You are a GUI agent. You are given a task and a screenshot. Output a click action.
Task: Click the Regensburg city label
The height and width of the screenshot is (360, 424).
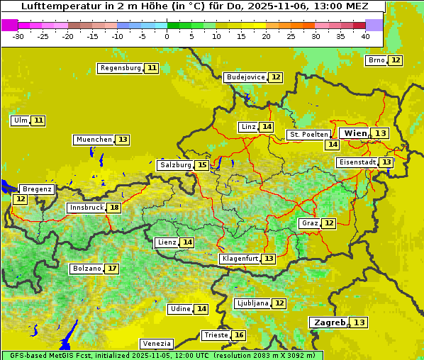click(x=121, y=68)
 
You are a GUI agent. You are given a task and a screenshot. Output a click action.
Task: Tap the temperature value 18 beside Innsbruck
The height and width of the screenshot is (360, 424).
click(x=114, y=208)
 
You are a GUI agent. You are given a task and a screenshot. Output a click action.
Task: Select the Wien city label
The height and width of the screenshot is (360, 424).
click(x=356, y=133)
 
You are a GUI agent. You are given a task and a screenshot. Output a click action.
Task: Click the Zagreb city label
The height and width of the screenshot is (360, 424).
click(x=329, y=322)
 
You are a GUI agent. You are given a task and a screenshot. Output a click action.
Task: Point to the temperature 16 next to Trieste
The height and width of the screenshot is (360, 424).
click(x=240, y=335)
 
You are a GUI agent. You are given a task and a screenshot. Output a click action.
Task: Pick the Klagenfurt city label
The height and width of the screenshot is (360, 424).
click(x=240, y=259)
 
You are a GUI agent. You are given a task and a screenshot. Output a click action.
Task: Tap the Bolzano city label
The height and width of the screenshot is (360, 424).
click(x=87, y=269)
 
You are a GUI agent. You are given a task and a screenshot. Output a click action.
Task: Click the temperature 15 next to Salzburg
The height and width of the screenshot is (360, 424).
click(x=202, y=165)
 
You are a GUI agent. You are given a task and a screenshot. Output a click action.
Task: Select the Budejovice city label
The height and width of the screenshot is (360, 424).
click(x=245, y=77)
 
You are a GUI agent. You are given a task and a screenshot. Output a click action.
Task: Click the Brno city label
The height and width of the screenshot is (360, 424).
click(x=376, y=60)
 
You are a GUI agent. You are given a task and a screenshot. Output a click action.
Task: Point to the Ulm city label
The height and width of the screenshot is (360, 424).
click(x=20, y=120)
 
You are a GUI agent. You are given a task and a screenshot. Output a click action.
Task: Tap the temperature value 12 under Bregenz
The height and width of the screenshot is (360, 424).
click(x=20, y=199)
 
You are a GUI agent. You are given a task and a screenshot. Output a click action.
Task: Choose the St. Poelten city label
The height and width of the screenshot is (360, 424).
click(x=308, y=134)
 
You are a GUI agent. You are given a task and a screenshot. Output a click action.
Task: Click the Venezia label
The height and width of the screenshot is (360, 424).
click(x=157, y=344)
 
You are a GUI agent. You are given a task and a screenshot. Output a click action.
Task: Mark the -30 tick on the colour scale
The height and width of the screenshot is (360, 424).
click(x=18, y=35)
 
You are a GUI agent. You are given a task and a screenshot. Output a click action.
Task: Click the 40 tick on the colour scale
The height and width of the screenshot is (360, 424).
click(x=365, y=35)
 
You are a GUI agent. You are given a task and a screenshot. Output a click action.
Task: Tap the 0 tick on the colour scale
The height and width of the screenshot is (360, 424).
click(x=167, y=35)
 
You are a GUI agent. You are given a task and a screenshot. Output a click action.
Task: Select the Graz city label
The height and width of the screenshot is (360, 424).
click(x=310, y=223)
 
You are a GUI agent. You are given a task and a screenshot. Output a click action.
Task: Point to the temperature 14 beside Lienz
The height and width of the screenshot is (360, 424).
click(x=187, y=242)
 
